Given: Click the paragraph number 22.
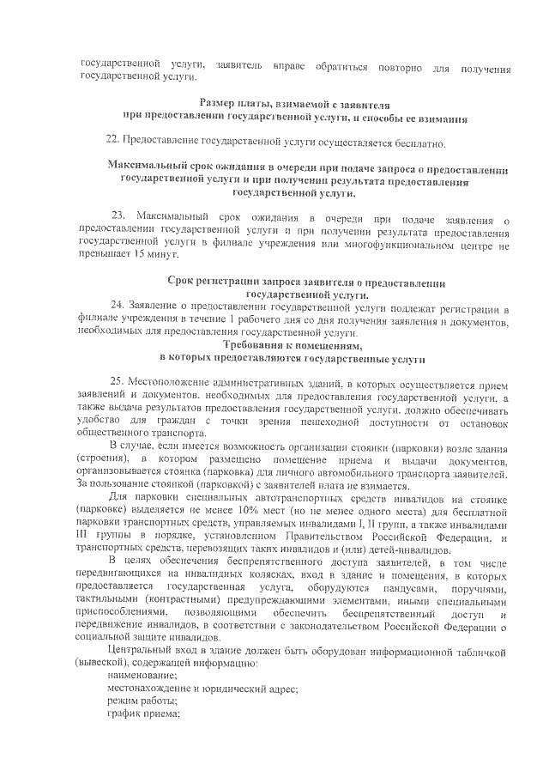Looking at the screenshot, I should coord(112,139).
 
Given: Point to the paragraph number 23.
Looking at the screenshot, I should coord(119,214).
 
